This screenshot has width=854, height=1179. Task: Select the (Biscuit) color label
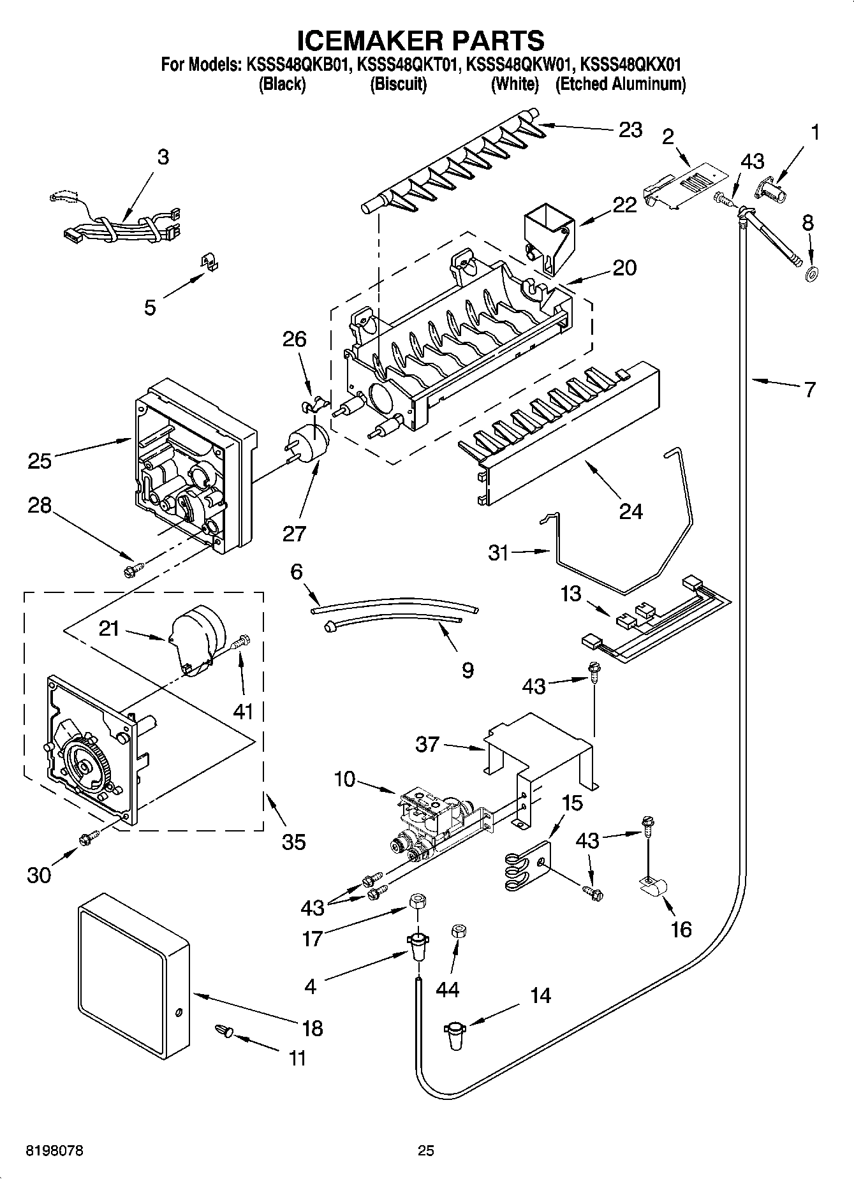(x=398, y=84)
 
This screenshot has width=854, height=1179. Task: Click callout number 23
(x=630, y=129)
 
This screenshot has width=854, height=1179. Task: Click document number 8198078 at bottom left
(x=54, y=1150)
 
